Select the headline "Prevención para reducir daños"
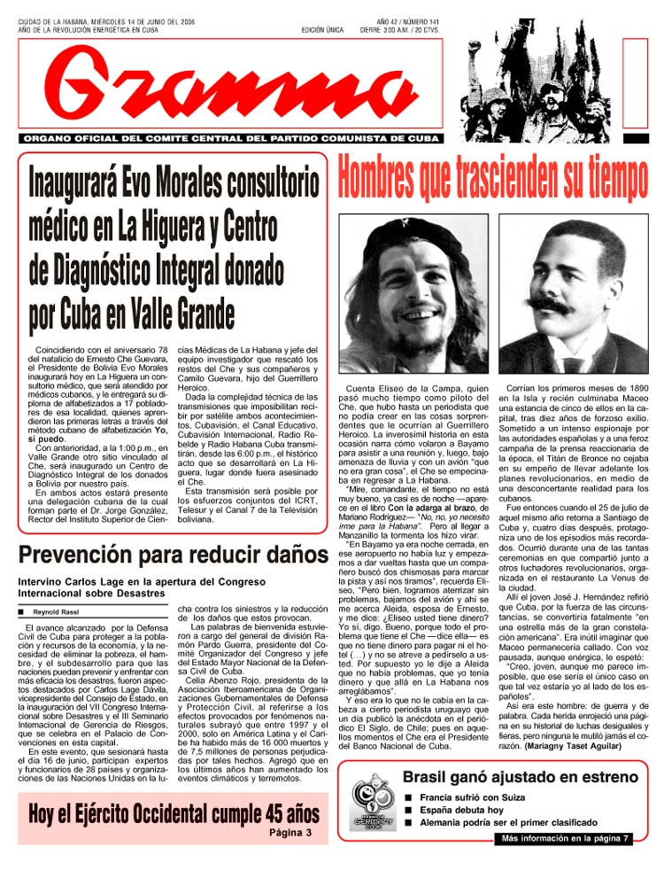(x=174, y=556)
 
